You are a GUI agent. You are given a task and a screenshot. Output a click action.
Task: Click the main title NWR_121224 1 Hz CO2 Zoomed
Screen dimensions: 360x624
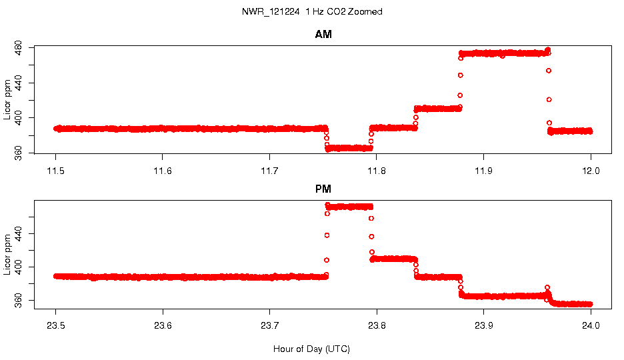[312, 12]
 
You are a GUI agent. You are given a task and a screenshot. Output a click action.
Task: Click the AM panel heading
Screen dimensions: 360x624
[323, 35]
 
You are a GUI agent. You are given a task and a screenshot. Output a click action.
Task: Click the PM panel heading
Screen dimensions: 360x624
[323, 189]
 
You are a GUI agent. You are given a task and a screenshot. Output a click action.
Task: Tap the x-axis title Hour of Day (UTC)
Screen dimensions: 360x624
[311, 349]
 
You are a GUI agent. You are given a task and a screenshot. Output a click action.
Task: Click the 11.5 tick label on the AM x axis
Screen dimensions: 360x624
[56, 171]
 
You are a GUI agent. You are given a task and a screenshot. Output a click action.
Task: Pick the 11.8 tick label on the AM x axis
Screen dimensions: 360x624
[377, 171]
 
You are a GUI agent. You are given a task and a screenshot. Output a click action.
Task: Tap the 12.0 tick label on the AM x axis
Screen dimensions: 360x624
[591, 171]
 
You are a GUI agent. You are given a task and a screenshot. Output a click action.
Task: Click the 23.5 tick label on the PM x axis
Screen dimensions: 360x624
[56, 326]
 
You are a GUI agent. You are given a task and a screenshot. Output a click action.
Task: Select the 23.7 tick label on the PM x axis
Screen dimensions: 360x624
[269, 326]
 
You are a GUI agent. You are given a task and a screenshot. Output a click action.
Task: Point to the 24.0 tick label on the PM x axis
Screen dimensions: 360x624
[591, 326]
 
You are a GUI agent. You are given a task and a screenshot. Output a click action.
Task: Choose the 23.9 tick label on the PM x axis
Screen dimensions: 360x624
[483, 326]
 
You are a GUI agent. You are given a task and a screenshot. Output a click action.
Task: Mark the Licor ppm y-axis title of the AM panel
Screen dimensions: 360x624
[7, 100]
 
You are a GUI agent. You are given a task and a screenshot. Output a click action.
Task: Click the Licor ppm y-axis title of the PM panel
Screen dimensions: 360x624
[7, 255]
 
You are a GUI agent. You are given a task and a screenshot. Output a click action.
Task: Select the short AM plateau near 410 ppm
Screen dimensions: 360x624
[437, 108]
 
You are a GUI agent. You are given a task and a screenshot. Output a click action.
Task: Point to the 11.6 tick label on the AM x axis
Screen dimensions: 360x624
[163, 171]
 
